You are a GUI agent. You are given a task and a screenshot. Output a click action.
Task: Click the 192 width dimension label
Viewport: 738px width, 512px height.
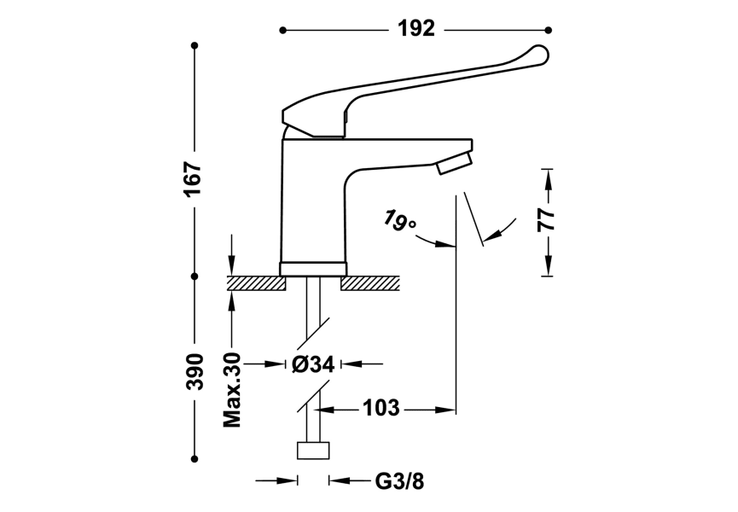pyautogui.click(x=416, y=29)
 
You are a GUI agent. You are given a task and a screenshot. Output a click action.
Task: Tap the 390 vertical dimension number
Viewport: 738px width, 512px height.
pyautogui.click(x=195, y=370)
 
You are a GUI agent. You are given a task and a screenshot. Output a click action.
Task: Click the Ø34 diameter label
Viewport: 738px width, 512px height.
pyautogui.click(x=312, y=364)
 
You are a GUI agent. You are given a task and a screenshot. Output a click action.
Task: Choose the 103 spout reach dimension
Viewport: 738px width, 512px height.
pyautogui.click(x=381, y=409)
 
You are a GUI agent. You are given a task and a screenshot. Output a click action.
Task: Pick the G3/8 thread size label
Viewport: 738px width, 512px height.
pyautogui.click(x=399, y=481)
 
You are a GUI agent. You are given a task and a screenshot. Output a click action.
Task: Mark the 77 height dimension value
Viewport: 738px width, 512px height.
pyautogui.click(x=547, y=219)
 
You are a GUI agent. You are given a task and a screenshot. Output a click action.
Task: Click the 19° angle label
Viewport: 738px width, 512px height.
pyautogui.click(x=398, y=221)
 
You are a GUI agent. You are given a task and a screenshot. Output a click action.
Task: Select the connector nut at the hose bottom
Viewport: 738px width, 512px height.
pyautogui.click(x=313, y=451)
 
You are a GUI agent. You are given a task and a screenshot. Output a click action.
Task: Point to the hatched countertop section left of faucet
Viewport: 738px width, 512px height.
pyautogui.click(x=257, y=283)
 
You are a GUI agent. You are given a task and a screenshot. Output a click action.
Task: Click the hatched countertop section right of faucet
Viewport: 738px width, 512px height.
pyautogui.click(x=370, y=283)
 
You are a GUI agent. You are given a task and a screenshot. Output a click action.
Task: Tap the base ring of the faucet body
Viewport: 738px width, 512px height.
pyautogui.click(x=313, y=268)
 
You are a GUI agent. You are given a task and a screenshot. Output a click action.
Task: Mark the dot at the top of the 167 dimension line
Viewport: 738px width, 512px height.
pyautogui.click(x=195, y=44)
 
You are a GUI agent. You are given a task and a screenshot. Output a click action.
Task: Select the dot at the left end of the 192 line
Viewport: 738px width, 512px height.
pyautogui.click(x=283, y=30)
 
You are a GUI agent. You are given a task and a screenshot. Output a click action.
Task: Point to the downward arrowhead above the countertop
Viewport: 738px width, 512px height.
pyautogui.click(x=231, y=267)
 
